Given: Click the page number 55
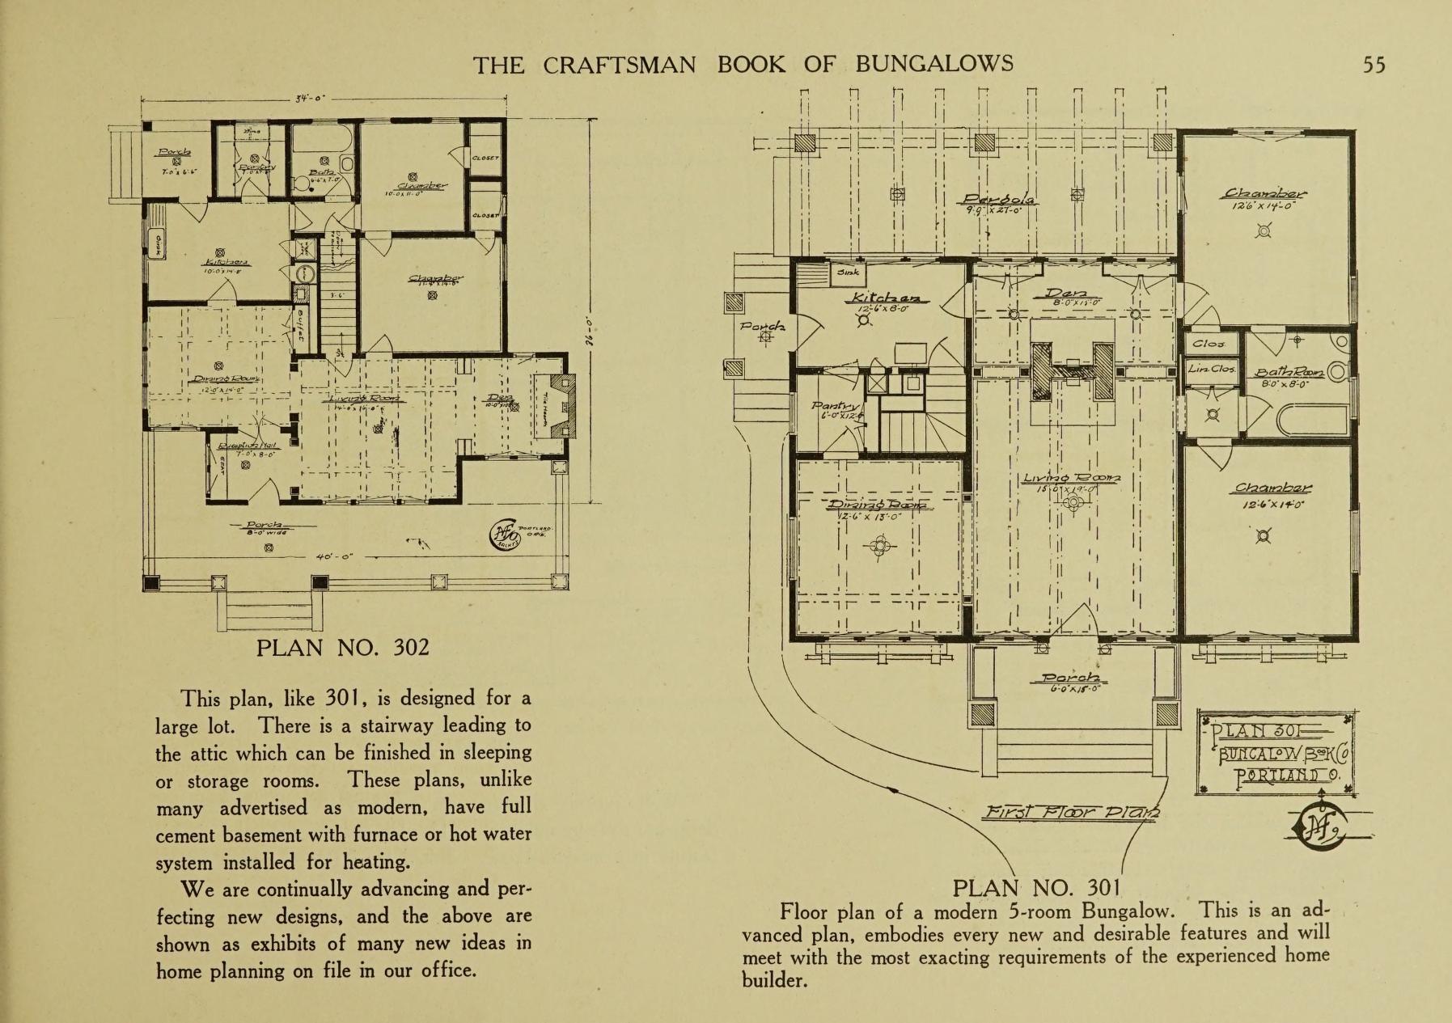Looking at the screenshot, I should point(1374,65).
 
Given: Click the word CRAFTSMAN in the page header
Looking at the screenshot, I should point(619,65).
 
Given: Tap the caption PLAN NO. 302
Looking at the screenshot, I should point(342,648).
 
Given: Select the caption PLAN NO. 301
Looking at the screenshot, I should point(1036,888).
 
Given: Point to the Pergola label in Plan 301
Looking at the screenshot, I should point(996,199).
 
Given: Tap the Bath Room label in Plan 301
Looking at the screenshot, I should point(1289,372).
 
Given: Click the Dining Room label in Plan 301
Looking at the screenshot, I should point(879,505).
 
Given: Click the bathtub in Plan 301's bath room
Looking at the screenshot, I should point(1310,421).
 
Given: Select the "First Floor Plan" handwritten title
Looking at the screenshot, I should point(1069,812).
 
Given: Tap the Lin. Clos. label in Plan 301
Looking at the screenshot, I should point(1210,369).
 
